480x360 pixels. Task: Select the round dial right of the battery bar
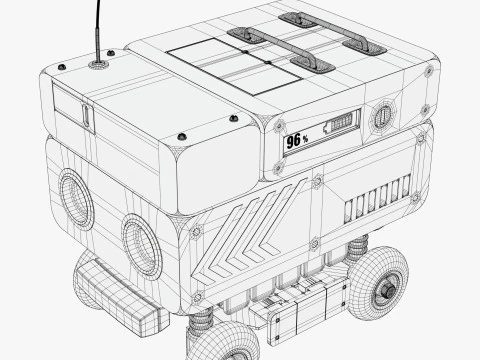tap(381, 117)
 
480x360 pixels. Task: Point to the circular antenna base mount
tap(100, 62)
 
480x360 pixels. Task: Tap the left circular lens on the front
tap(76, 199)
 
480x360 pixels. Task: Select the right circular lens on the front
tap(142, 245)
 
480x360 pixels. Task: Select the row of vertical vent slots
tap(377, 199)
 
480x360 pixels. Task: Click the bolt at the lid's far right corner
tap(431, 70)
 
